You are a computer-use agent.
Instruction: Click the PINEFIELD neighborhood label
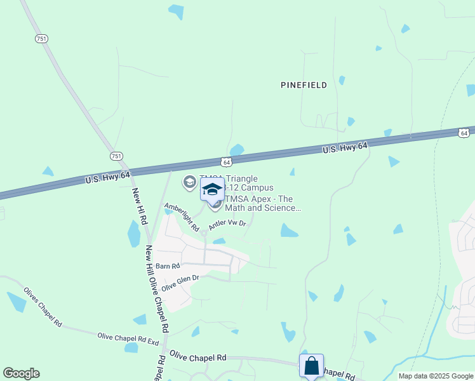[304, 85]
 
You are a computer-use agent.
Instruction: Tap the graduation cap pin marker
[213, 189]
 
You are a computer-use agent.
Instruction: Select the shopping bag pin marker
[311, 366]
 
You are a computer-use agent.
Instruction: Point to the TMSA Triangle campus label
[236, 183]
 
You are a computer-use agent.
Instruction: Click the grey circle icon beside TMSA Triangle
[189, 183]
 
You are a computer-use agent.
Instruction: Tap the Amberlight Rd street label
[182, 217]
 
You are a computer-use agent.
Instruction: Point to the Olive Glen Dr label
[180, 283]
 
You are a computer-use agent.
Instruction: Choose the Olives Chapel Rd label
[43, 307]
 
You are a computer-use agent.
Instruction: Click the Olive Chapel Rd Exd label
[128, 338]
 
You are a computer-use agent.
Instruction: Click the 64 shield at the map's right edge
[464, 133]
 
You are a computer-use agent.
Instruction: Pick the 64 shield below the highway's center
[227, 163]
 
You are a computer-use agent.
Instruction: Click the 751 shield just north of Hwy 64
[116, 156]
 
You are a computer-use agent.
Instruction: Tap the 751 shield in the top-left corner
[42, 39]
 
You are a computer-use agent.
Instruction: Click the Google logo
[21, 373]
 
